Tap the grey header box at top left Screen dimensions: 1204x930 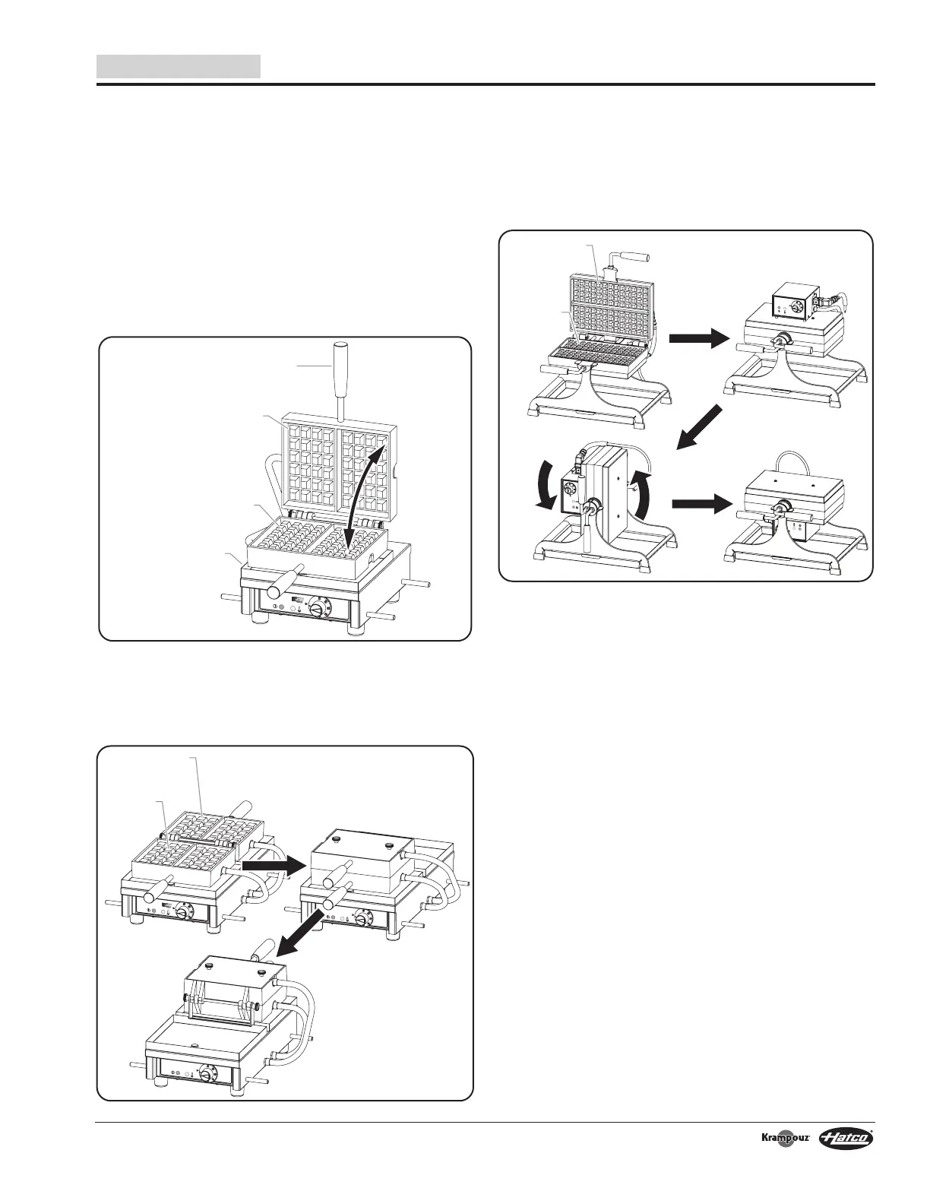click(179, 66)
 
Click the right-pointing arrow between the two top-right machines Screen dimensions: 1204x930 click(693, 340)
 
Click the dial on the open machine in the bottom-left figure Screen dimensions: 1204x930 click(184, 911)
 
